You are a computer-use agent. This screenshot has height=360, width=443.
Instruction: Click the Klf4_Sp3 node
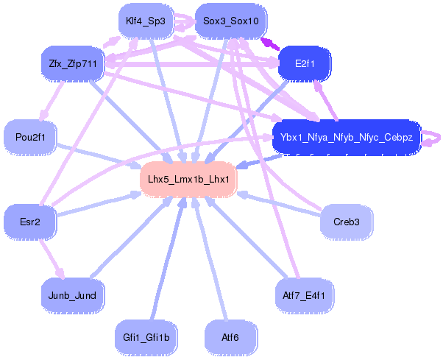pos(145,21)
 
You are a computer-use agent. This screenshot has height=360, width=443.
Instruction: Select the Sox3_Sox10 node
pos(231,21)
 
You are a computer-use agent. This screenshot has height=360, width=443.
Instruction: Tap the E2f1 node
pos(304,63)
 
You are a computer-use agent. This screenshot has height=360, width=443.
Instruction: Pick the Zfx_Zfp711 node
pos(72,63)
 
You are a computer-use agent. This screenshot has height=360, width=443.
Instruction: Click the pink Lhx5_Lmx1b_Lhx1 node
pos(188,179)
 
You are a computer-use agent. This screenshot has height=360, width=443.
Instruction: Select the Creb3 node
pos(346,221)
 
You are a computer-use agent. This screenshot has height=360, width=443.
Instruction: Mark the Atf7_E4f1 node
pos(304,295)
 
